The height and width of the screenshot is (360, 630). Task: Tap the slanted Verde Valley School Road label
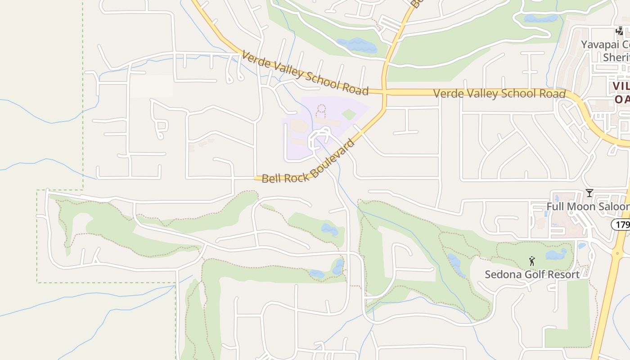pyautogui.click(x=305, y=73)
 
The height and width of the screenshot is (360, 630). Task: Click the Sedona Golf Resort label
pyautogui.click(x=532, y=274)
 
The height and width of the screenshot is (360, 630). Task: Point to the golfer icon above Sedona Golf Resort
pyautogui.click(x=532, y=261)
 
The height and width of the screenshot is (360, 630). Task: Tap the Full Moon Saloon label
pyautogui.click(x=588, y=207)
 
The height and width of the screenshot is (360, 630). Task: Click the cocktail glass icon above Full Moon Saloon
pyautogui.click(x=589, y=193)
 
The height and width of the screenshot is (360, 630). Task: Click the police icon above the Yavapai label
pyautogui.click(x=620, y=31)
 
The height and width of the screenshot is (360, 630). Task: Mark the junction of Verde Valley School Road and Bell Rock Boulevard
pyautogui.click(x=384, y=92)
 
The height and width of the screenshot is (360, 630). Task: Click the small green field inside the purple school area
pyautogui.click(x=349, y=114)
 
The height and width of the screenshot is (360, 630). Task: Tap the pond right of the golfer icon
pyautogui.click(x=556, y=255)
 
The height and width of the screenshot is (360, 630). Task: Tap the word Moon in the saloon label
pyautogui.click(x=579, y=207)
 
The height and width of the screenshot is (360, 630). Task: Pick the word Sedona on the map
pyautogui.click(x=499, y=274)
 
